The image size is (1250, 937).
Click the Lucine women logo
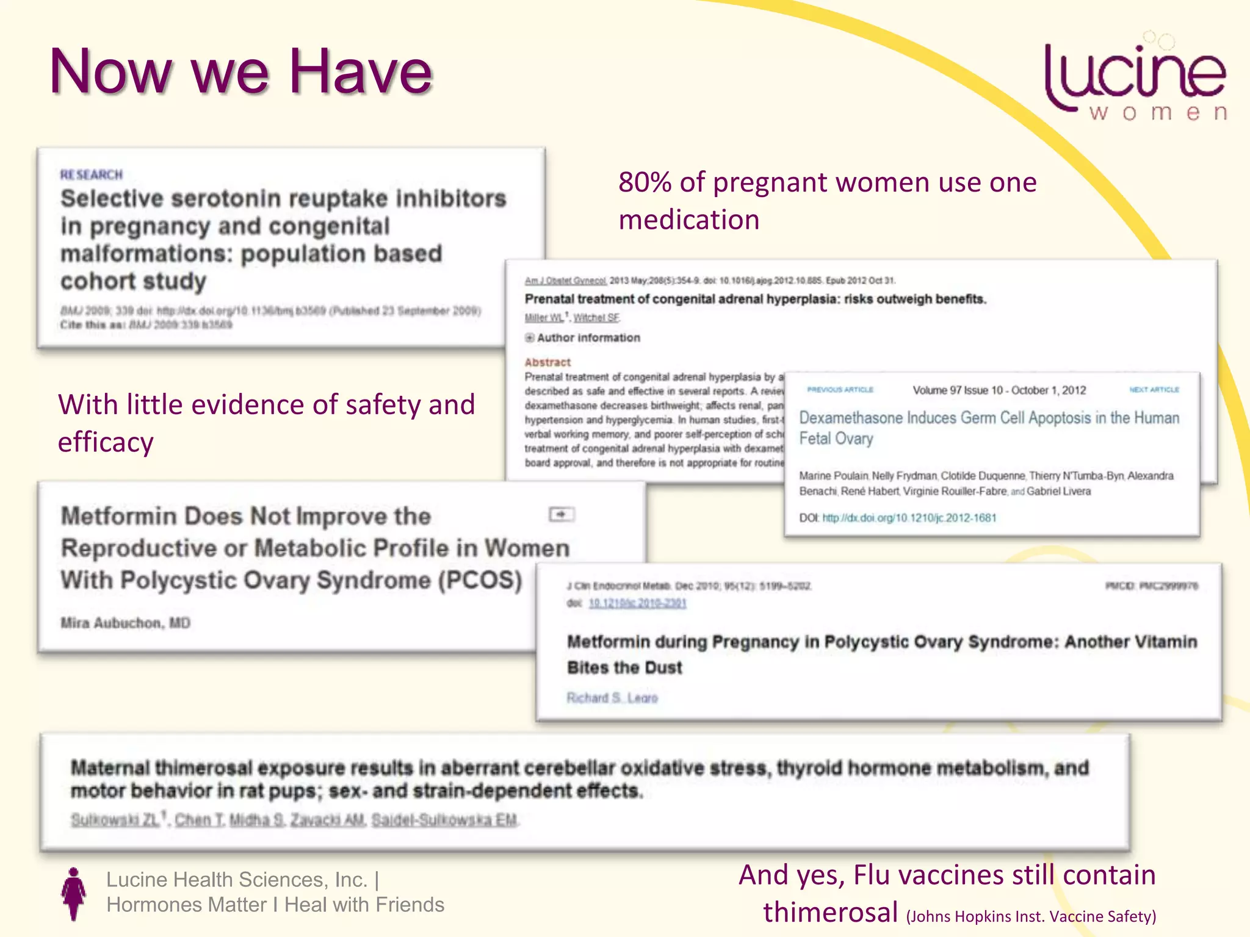[1135, 79]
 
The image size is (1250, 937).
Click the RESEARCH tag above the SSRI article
[92, 175]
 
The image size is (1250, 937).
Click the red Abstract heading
[547, 362]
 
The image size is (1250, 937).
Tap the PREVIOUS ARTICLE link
[840, 390]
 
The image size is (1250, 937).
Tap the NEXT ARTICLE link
[1154, 390]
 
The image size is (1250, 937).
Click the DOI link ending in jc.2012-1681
[909, 518]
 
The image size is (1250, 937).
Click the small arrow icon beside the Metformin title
[561, 515]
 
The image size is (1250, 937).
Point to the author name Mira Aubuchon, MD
[125, 623]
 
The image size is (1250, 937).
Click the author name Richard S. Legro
[612, 698]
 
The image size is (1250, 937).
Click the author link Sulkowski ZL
[115, 820]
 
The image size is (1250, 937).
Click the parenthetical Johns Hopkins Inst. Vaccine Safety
[1031, 916]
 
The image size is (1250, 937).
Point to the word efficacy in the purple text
[106, 442]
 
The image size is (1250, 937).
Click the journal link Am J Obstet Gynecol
[565, 281]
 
